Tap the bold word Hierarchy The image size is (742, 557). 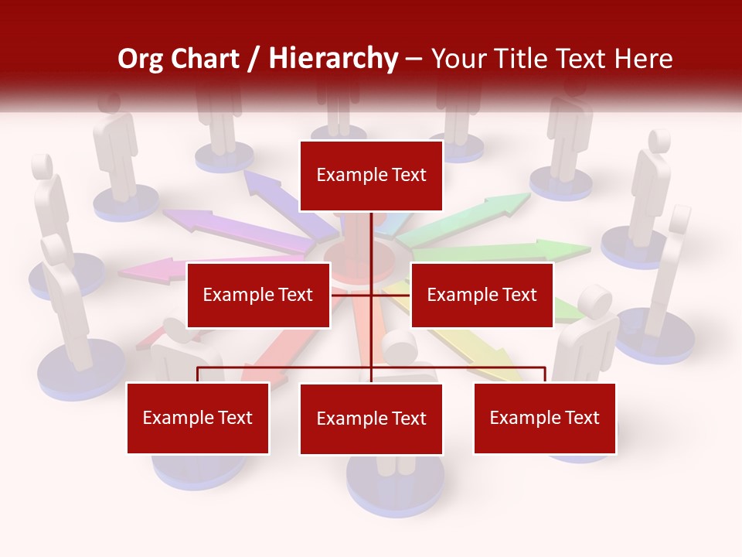point(333,60)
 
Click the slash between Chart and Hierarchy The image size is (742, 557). point(254,60)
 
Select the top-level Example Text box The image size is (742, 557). point(371,176)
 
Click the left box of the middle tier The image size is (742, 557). point(258,295)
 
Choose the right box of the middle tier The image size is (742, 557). point(482,295)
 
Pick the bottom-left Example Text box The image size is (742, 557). point(198,418)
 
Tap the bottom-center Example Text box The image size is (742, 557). point(371,419)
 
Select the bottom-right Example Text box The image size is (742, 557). point(544,418)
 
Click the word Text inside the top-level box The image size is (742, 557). point(407,175)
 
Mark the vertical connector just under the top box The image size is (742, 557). point(371,232)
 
